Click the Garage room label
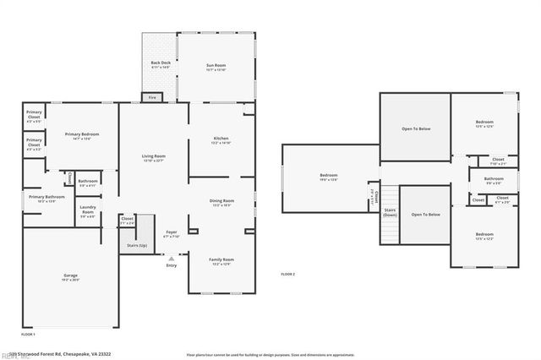[71, 276]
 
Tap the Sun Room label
[216, 66]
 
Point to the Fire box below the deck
[153, 97]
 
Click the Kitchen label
[220, 139]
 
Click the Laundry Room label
[88, 211]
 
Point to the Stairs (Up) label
[136, 245]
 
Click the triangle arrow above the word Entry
[172, 259]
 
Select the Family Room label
[221, 261]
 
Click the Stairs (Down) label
[390, 213]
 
